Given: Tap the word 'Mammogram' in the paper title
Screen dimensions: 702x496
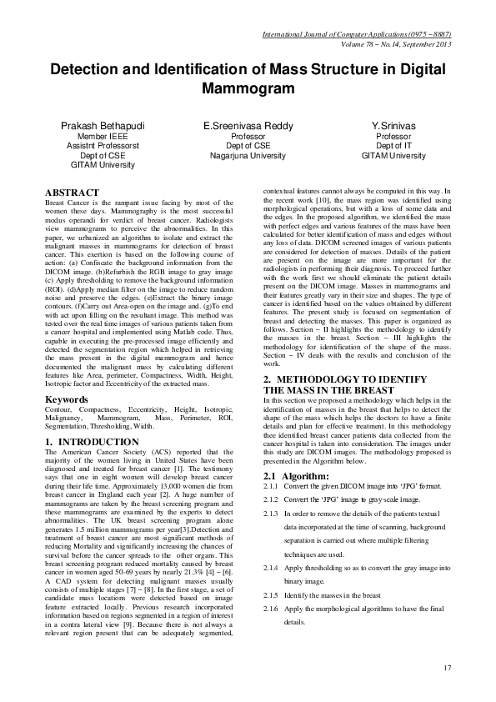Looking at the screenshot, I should coord(248,88).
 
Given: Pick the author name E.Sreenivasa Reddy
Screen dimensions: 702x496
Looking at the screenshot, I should coord(248,124).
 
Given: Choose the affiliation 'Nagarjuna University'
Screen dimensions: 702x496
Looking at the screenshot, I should coord(248,155).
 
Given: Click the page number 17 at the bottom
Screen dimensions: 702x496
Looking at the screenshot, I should coord(446,667).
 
